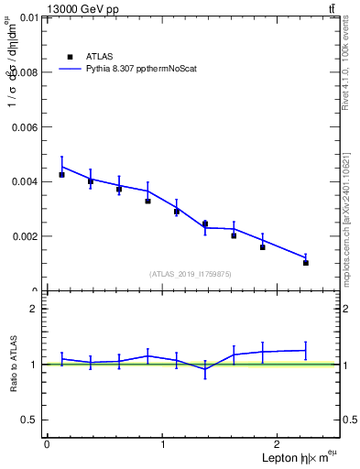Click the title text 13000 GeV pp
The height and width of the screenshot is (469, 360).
pos(82,9)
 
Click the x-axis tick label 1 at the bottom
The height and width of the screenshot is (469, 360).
pos(163,444)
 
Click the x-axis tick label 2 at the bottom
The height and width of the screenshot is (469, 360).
pos(279,444)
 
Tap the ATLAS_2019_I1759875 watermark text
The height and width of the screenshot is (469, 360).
pos(191,274)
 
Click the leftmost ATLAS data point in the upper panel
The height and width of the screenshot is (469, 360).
pos(61,174)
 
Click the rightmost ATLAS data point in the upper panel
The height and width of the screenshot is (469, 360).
pos(306,263)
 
